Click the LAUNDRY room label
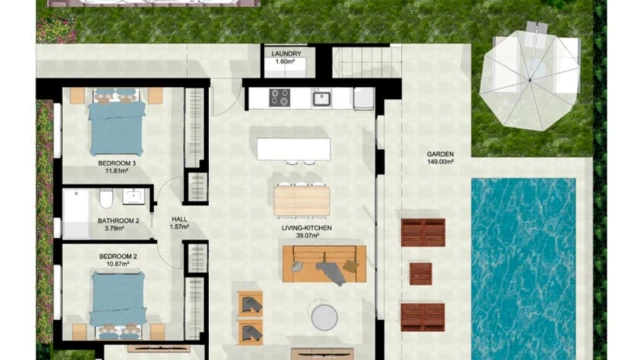tap(286, 53)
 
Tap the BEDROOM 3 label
tap(117, 163)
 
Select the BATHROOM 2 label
tap(118, 221)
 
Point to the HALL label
tap(179, 219)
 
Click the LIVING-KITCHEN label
tap(307, 228)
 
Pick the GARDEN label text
tap(440, 154)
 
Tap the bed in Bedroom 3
tap(117, 122)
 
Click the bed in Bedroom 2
tap(118, 304)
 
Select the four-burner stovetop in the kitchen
tap(280, 98)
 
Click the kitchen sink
tap(322, 98)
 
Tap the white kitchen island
tap(293, 149)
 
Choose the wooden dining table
tap(302, 200)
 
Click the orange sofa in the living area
tap(324, 264)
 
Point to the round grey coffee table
tap(324, 317)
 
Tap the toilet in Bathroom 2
tap(106, 198)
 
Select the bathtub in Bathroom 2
tap(76, 214)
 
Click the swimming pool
tap(524, 269)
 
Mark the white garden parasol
tap(530, 80)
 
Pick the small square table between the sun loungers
tap(421, 274)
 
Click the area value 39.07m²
tap(307, 236)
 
